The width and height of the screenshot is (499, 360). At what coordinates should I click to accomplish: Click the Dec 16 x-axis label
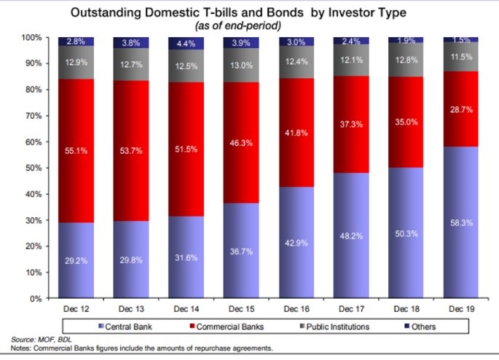pyautogui.click(x=296, y=308)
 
